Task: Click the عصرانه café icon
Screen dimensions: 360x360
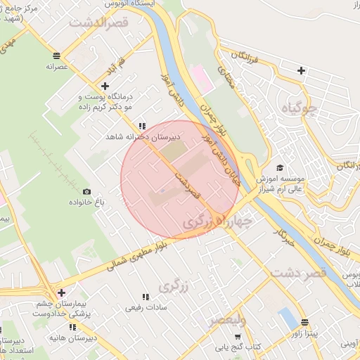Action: [x=56, y=55]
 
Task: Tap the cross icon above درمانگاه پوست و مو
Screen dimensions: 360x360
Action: [x=105, y=86]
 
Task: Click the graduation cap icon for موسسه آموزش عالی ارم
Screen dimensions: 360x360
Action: [x=281, y=167]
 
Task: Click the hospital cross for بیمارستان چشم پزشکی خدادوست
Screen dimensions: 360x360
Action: [x=61, y=292]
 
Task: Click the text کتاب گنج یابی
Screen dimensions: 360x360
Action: [x=246, y=346]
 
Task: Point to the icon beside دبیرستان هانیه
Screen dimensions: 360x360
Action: [x=72, y=327]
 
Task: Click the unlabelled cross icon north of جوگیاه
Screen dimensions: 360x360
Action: [x=301, y=70]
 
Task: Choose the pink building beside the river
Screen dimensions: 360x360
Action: [x=202, y=78]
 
